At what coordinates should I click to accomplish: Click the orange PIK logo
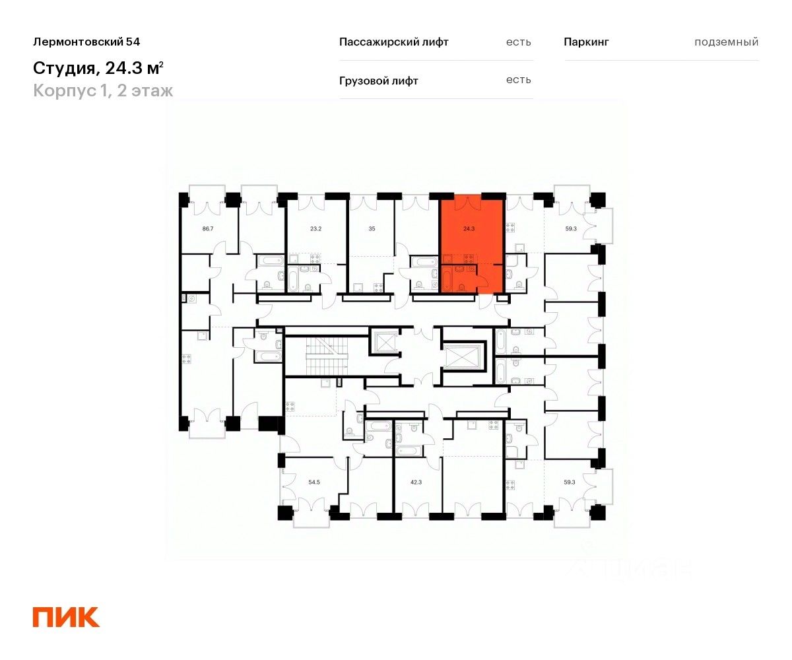coord(66,616)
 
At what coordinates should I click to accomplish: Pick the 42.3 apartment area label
coord(416,482)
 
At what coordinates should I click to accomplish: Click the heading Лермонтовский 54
coord(86,42)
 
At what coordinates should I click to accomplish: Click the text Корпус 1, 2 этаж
coord(103,90)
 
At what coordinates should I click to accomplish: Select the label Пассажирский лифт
coord(393,42)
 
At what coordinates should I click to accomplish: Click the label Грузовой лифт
coord(378,81)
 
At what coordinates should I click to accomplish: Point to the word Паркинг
coord(586,42)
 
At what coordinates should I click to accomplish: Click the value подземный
coord(726,42)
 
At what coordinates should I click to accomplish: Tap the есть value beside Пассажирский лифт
coord(518,42)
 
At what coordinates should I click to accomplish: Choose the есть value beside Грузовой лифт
coord(518,81)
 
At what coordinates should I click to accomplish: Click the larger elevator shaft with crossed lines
coord(463,357)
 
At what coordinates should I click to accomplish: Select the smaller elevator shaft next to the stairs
coord(384,343)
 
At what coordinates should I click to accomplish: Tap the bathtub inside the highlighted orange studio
coord(446,279)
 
